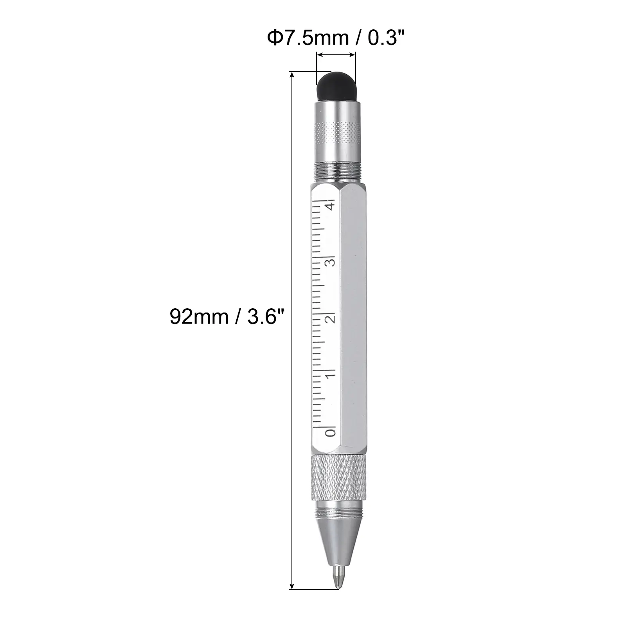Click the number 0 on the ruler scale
click(x=331, y=432)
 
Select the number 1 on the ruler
click(x=331, y=374)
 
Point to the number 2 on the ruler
click(x=331, y=318)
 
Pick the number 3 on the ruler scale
click(x=331, y=261)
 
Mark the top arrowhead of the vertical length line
click(x=291, y=75)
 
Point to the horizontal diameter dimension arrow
click(x=336, y=56)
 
